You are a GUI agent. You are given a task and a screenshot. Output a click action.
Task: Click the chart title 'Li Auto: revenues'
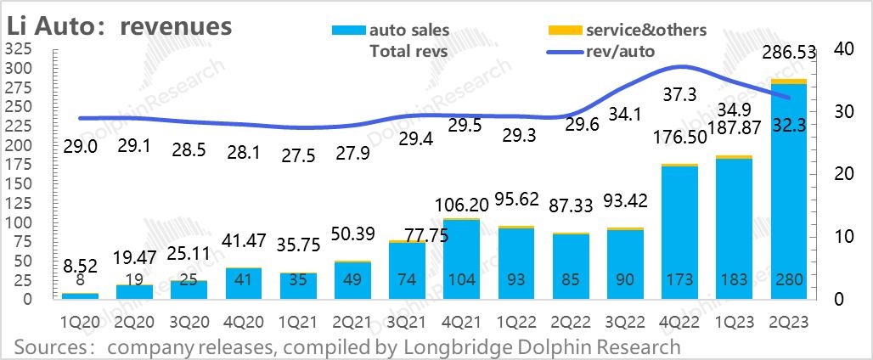(119, 25)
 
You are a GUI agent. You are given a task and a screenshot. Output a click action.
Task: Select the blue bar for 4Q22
(679, 229)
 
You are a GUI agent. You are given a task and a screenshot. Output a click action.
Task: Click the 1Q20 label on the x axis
(81, 323)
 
